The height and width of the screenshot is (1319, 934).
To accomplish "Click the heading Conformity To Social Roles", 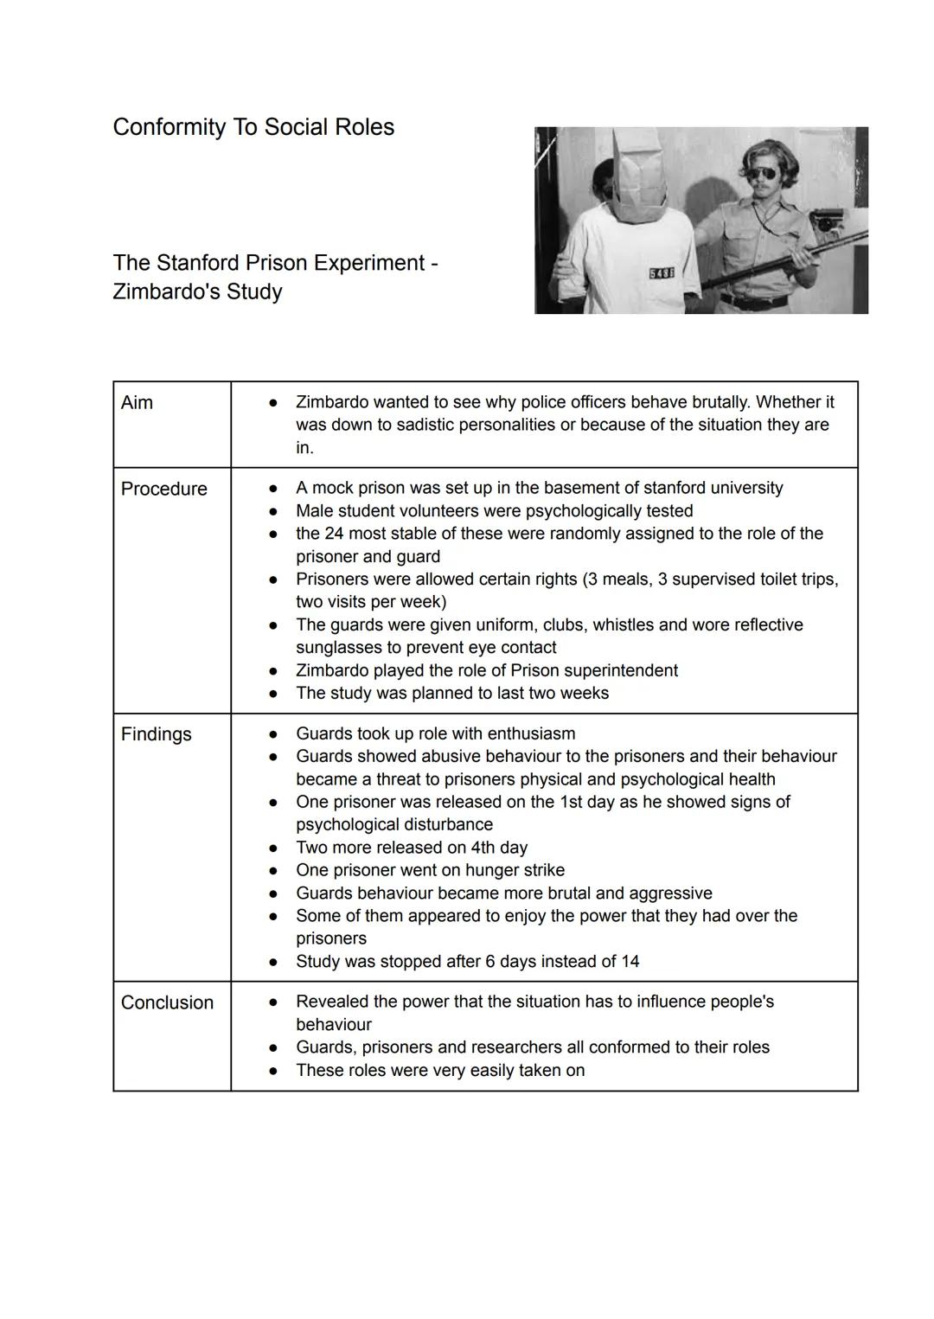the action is (x=253, y=127).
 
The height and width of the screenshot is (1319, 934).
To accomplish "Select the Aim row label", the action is (x=137, y=403).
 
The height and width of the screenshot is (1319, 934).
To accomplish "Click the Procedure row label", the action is (x=163, y=490).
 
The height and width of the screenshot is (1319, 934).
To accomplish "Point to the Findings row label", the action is (x=156, y=734).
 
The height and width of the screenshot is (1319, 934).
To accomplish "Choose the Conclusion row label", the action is (x=167, y=1002).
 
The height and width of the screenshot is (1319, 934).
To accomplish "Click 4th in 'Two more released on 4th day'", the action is (x=483, y=848).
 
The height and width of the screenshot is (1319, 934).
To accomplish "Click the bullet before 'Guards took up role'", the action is (x=272, y=734).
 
